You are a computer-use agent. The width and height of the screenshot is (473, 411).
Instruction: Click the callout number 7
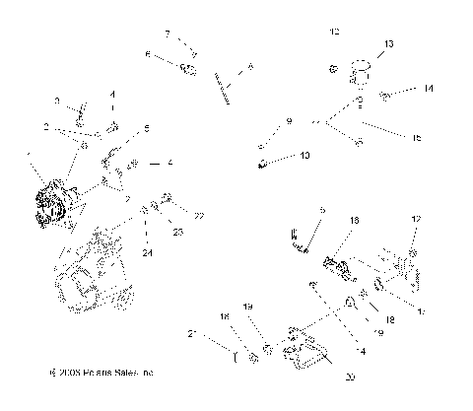pos(168,34)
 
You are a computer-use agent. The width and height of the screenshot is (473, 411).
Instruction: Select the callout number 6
pos(148,55)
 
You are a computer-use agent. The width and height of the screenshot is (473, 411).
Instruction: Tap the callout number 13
pos(388,44)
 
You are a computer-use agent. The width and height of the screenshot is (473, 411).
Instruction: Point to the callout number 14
pos(429,89)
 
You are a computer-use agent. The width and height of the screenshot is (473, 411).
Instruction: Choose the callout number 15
pos(418,137)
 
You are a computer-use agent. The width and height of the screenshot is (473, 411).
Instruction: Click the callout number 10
pos(304,156)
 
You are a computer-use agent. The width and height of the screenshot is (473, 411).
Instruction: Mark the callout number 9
pos(290,121)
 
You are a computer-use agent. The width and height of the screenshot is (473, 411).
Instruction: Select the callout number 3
pos(56,101)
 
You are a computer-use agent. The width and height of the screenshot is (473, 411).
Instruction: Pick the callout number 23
pos(178,232)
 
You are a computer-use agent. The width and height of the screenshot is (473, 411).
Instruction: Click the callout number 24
pos(147,252)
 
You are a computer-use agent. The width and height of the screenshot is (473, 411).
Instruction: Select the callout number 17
pos(424,313)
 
